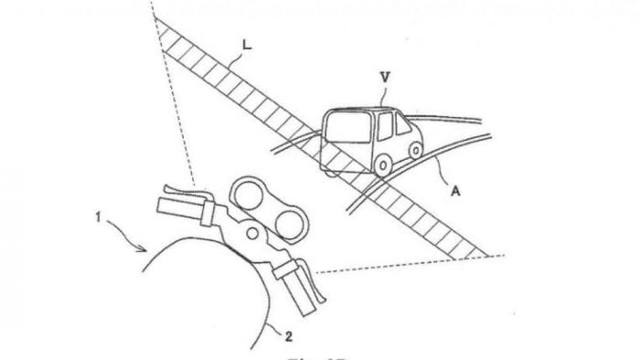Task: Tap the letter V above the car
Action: point(385,79)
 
